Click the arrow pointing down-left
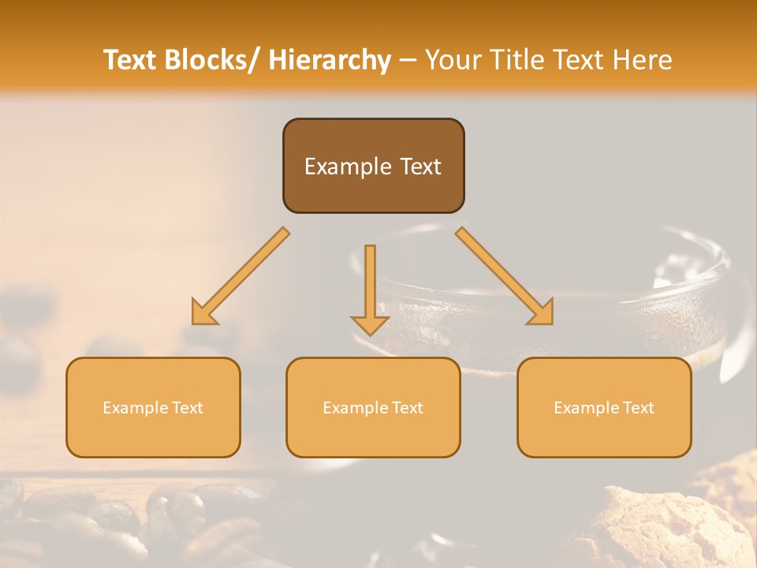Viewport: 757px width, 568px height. (241, 276)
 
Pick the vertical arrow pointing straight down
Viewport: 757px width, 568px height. (370, 288)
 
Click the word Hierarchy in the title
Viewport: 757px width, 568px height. (330, 60)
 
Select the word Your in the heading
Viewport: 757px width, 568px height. (453, 60)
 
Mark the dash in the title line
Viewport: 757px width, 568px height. (408, 60)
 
